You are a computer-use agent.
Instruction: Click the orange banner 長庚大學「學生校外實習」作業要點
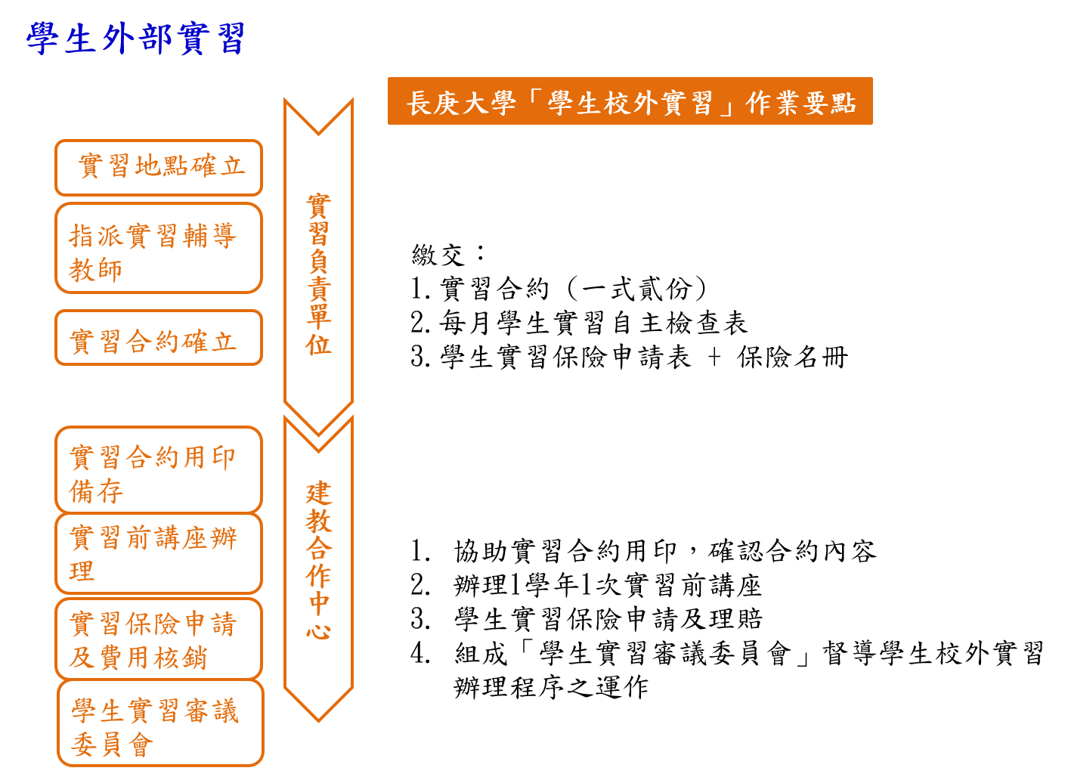pos(630,101)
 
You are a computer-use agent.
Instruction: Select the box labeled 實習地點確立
pos(159,167)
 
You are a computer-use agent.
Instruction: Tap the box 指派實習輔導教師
pos(159,248)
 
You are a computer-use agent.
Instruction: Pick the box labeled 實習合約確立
pos(159,338)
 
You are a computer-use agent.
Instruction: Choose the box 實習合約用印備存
pos(159,470)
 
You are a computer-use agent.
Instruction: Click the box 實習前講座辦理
pos(159,553)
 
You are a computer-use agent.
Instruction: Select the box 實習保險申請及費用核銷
pos(159,639)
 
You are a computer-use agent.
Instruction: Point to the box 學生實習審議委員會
pos(160,723)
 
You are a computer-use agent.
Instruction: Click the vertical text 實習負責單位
pos(318,274)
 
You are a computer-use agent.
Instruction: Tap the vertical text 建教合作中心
pos(318,561)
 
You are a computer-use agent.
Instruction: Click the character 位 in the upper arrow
pos(318,345)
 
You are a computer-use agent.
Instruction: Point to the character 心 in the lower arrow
pos(318,630)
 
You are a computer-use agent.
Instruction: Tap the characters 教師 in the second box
pos(96,270)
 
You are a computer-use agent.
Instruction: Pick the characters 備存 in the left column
pos(96,492)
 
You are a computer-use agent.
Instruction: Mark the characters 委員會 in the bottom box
pos(113,745)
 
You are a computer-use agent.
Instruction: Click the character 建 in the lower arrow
pos(318,494)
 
